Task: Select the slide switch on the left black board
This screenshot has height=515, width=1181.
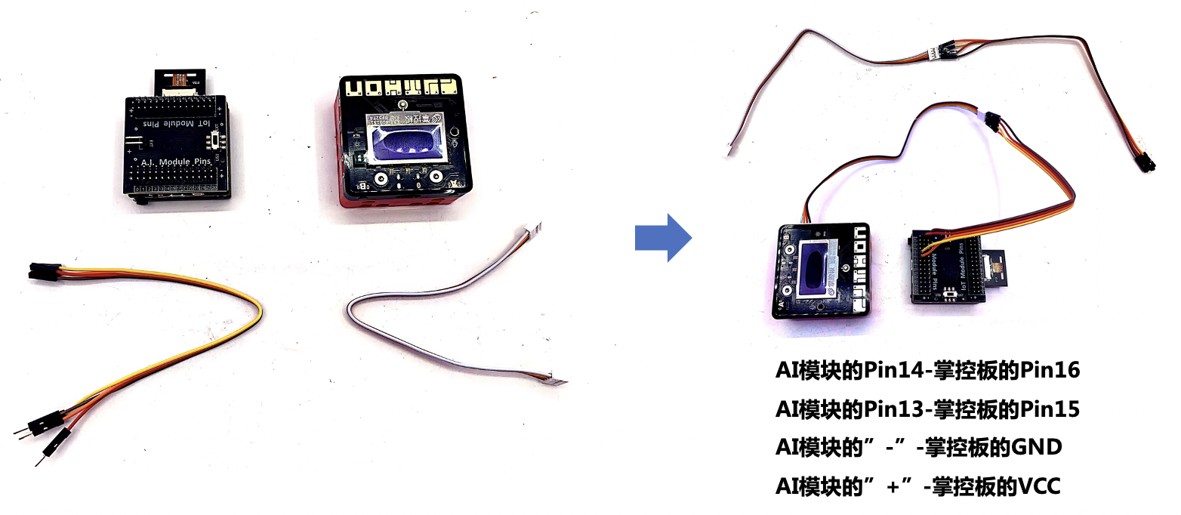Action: coord(219,141)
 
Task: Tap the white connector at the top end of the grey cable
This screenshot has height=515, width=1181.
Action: coord(533,226)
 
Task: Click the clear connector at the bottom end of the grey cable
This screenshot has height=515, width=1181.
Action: coord(560,382)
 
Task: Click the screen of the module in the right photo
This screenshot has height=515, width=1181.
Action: coord(818,270)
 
